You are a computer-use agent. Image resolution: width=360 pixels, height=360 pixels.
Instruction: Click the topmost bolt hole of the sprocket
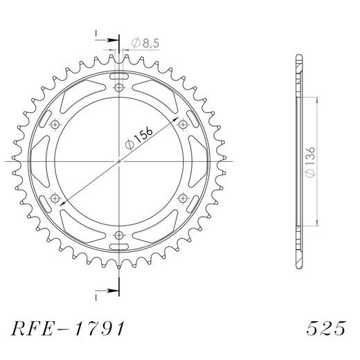(x=120, y=88)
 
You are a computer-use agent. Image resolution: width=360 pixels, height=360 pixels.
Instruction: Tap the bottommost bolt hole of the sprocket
(x=120, y=235)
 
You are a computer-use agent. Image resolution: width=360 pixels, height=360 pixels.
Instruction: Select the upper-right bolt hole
(x=183, y=125)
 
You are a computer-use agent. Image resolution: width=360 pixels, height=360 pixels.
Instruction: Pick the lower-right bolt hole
(x=183, y=198)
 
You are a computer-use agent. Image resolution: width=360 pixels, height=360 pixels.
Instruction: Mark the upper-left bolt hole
(x=56, y=125)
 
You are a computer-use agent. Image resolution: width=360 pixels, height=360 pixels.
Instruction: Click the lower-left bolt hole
(x=56, y=198)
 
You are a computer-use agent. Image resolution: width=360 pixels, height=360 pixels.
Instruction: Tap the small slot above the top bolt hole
(x=120, y=73)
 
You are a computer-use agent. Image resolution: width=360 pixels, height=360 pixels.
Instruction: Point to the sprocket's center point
(x=120, y=161)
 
